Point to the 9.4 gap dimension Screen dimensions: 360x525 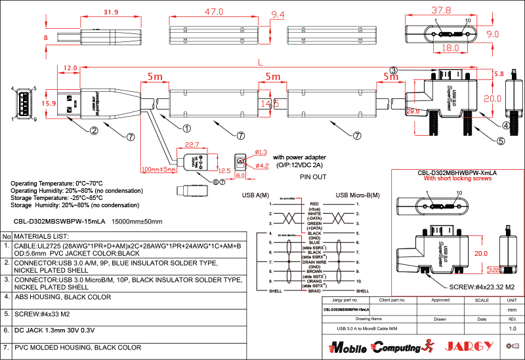278,14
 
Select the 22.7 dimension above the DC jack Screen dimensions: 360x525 192,144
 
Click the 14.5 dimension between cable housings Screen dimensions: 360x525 266,103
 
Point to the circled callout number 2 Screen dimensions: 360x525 94,130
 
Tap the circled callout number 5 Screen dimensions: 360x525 501,140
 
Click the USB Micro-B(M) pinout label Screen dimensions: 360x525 358,195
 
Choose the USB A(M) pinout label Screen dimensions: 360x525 256,195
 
